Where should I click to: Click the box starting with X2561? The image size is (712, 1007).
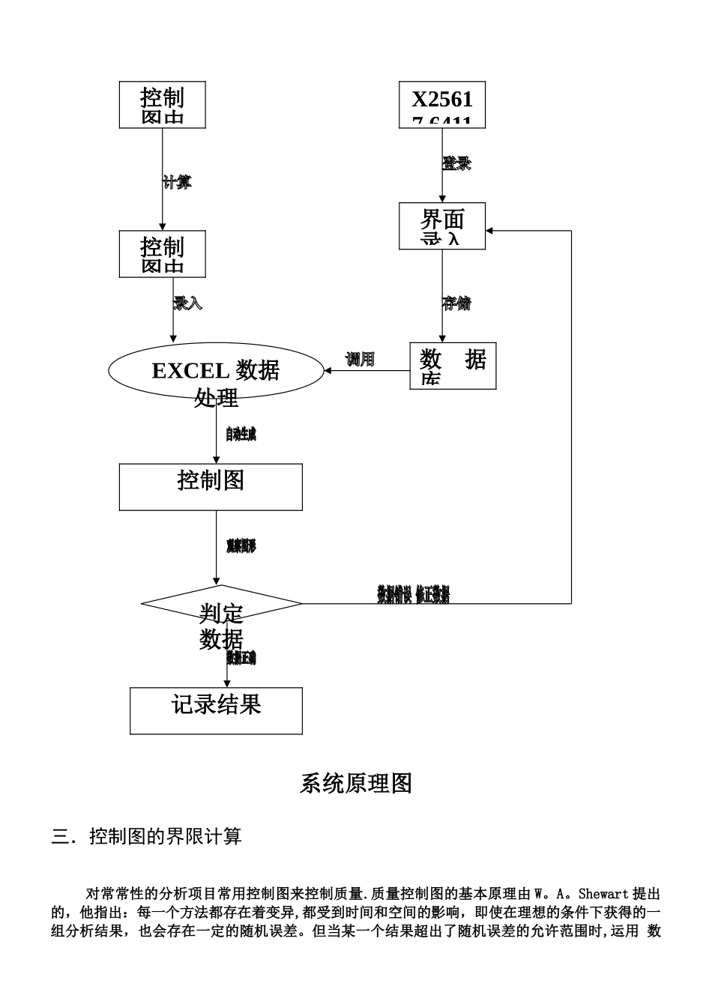[442, 105]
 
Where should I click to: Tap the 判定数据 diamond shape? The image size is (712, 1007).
[221, 603]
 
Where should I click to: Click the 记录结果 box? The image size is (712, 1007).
[216, 710]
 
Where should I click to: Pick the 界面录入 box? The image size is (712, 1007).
[442, 226]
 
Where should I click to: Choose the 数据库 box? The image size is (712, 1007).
[453, 366]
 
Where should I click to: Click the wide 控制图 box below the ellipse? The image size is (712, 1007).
[211, 487]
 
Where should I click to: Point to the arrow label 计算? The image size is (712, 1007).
[177, 182]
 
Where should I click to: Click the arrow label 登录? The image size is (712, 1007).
[456, 163]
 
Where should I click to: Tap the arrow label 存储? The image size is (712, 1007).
[456, 303]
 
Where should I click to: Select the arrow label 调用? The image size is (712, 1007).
[360, 360]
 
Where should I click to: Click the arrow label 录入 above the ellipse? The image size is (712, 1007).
[187, 303]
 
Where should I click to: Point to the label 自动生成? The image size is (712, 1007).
[241, 434]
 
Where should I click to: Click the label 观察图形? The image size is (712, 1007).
[241, 546]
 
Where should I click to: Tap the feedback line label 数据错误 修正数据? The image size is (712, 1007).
[413, 595]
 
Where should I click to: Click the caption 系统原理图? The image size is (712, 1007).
[356, 784]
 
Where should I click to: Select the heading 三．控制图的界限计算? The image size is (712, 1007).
[147, 836]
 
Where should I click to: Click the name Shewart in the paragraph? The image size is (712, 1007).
[604, 894]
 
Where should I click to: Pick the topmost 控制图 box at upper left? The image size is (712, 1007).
[163, 105]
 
